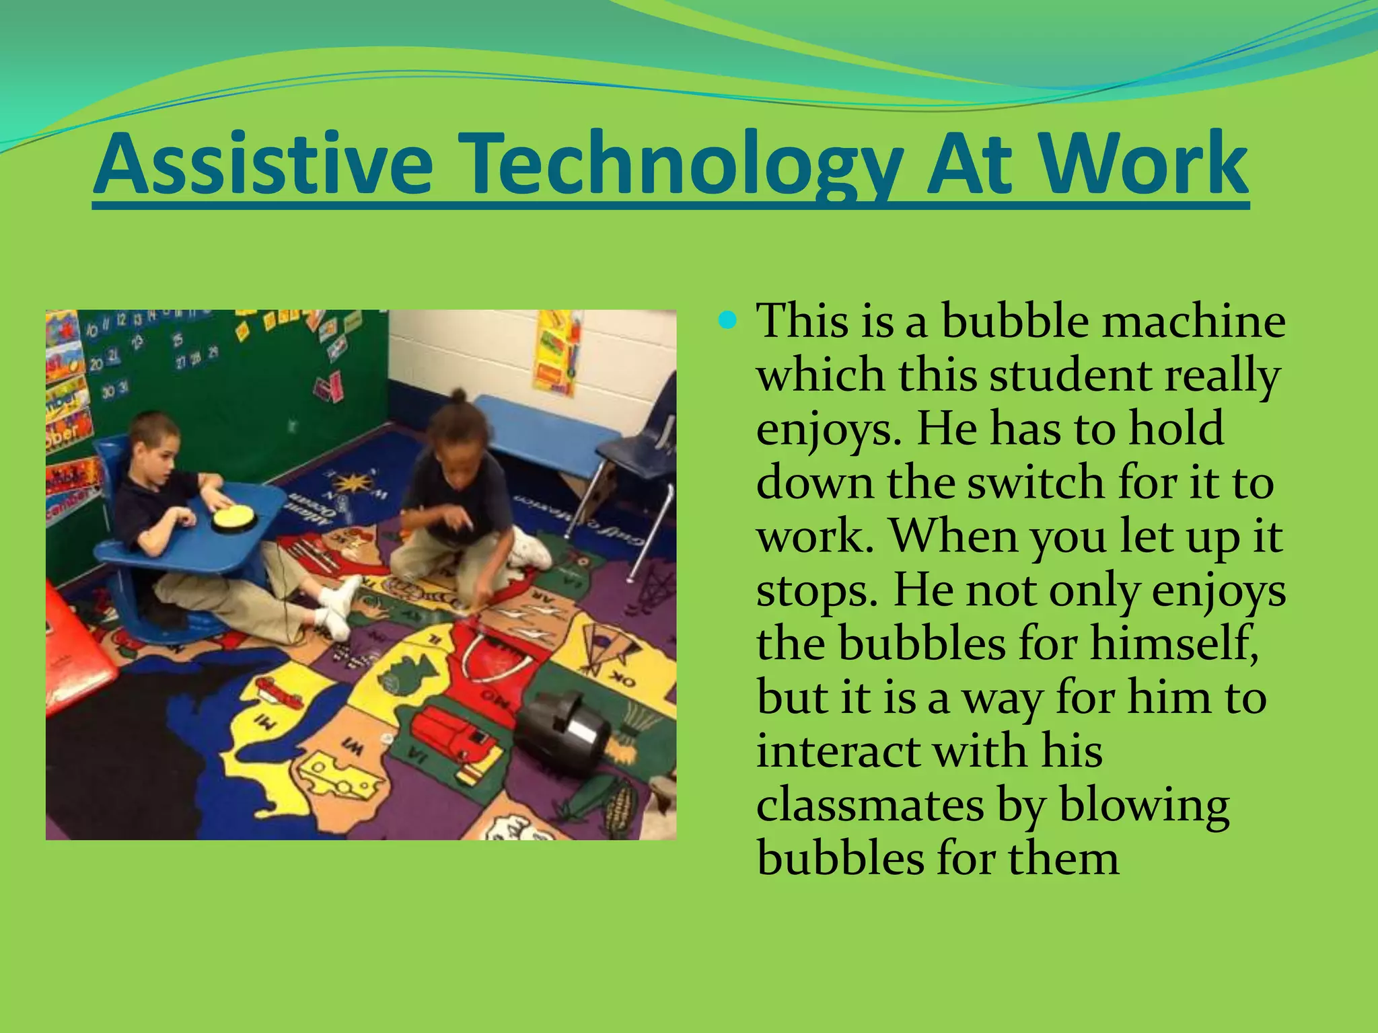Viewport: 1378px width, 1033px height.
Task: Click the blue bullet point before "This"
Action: coord(727,320)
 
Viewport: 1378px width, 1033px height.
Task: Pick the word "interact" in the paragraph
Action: coord(838,751)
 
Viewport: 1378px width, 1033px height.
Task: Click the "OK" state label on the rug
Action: coord(623,681)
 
